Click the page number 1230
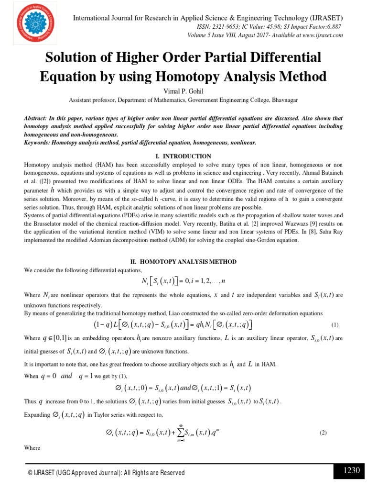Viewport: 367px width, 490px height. point(351,470)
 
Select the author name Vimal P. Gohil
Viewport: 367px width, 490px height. point(183,91)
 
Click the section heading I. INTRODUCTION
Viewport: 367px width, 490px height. point(183,156)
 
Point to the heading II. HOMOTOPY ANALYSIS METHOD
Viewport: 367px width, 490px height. point(183,262)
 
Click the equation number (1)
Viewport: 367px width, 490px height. point(335,325)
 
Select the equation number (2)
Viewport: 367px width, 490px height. point(323,433)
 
